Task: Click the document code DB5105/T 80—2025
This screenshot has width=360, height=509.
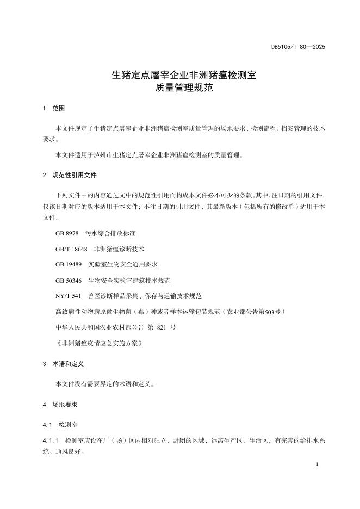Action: (298, 47)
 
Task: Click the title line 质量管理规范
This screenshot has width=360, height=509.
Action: (180, 88)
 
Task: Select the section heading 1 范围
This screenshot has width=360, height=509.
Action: (54, 108)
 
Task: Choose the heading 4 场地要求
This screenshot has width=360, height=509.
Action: (60, 405)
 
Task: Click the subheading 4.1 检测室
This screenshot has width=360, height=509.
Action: (63, 424)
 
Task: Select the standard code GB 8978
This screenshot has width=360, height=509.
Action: (67, 233)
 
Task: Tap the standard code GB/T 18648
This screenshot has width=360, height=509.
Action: (71, 249)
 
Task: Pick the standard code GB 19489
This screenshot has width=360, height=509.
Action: (69, 264)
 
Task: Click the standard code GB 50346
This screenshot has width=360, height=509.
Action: (69, 280)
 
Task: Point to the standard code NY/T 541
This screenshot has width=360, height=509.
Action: (68, 296)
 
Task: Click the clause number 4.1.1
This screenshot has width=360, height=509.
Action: (50, 440)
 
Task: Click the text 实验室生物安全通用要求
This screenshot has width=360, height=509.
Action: (123, 264)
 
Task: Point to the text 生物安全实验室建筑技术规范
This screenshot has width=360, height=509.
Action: (129, 280)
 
